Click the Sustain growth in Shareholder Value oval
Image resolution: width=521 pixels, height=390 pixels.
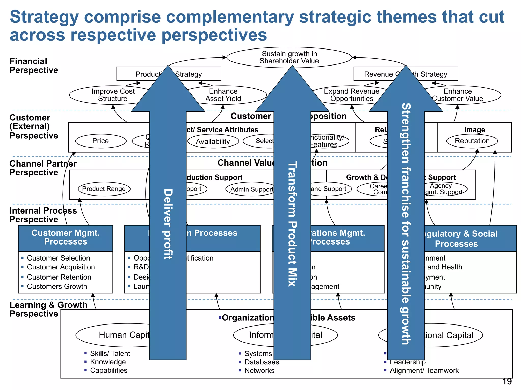click(x=289, y=57)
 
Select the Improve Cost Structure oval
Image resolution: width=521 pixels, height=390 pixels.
click(x=113, y=95)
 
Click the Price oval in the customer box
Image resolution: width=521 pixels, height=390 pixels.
click(x=101, y=141)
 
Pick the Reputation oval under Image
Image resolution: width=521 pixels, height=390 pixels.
click(x=472, y=141)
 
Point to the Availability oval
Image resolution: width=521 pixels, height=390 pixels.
click(x=213, y=141)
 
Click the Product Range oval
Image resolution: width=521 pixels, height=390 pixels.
click(x=104, y=189)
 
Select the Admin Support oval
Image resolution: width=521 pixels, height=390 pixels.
click(x=251, y=189)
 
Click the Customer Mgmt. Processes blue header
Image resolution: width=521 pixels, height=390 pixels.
click(x=65, y=237)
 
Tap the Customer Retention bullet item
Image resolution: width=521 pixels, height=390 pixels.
click(x=59, y=277)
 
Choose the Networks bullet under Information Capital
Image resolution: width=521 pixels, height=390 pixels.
click(x=259, y=371)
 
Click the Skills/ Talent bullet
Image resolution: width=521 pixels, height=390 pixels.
click(x=110, y=353)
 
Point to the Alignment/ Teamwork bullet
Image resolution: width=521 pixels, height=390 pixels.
click(x=424, y=371)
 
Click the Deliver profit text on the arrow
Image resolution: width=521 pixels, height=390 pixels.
click(x=168, y=224)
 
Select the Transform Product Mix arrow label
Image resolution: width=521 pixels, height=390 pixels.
click(x=292, y=224)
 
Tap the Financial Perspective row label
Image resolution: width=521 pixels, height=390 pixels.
click(x=34, y=66)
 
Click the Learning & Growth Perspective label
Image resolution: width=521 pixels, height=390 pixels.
click(x=48, y=309)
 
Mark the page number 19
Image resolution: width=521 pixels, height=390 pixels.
click(x=507, y=382)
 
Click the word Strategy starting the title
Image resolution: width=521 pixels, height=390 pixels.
click(x=44, y=17)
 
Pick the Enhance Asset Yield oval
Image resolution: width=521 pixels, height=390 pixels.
click(x=223, y=95)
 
